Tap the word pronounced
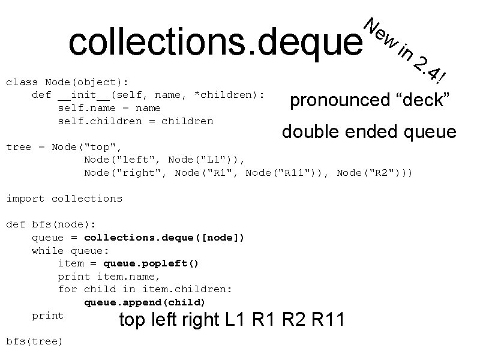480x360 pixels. coord(340,100)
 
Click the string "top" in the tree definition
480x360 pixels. coord(106,147)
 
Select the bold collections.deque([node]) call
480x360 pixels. coord(164,238)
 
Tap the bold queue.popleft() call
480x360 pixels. coord(151,263)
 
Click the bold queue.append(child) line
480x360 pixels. coord(145,302)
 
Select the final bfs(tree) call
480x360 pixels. coord(34,341)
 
